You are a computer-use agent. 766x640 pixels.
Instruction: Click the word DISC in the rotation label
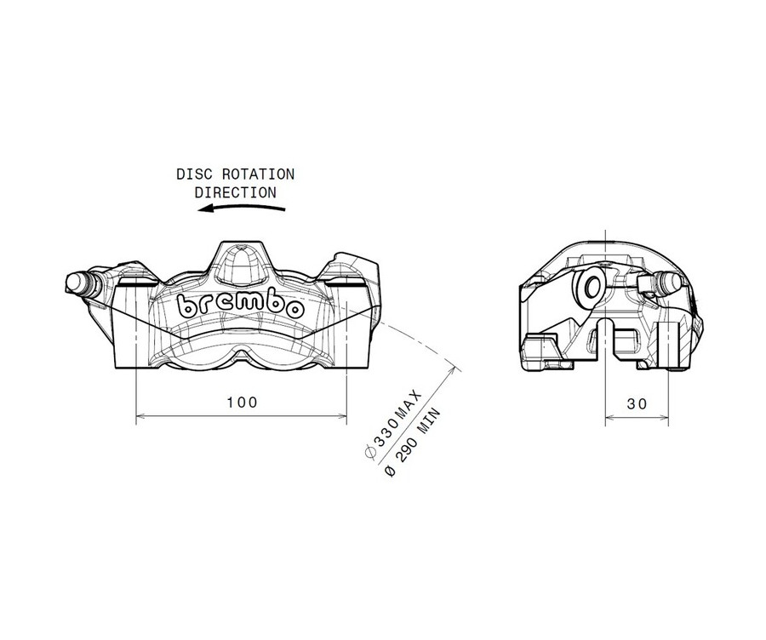192,174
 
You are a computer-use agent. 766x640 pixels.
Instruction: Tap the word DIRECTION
235,192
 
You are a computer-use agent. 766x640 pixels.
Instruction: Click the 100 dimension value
242,401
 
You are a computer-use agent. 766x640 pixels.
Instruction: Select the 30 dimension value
636,404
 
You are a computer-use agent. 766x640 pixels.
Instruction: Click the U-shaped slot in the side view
606,335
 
